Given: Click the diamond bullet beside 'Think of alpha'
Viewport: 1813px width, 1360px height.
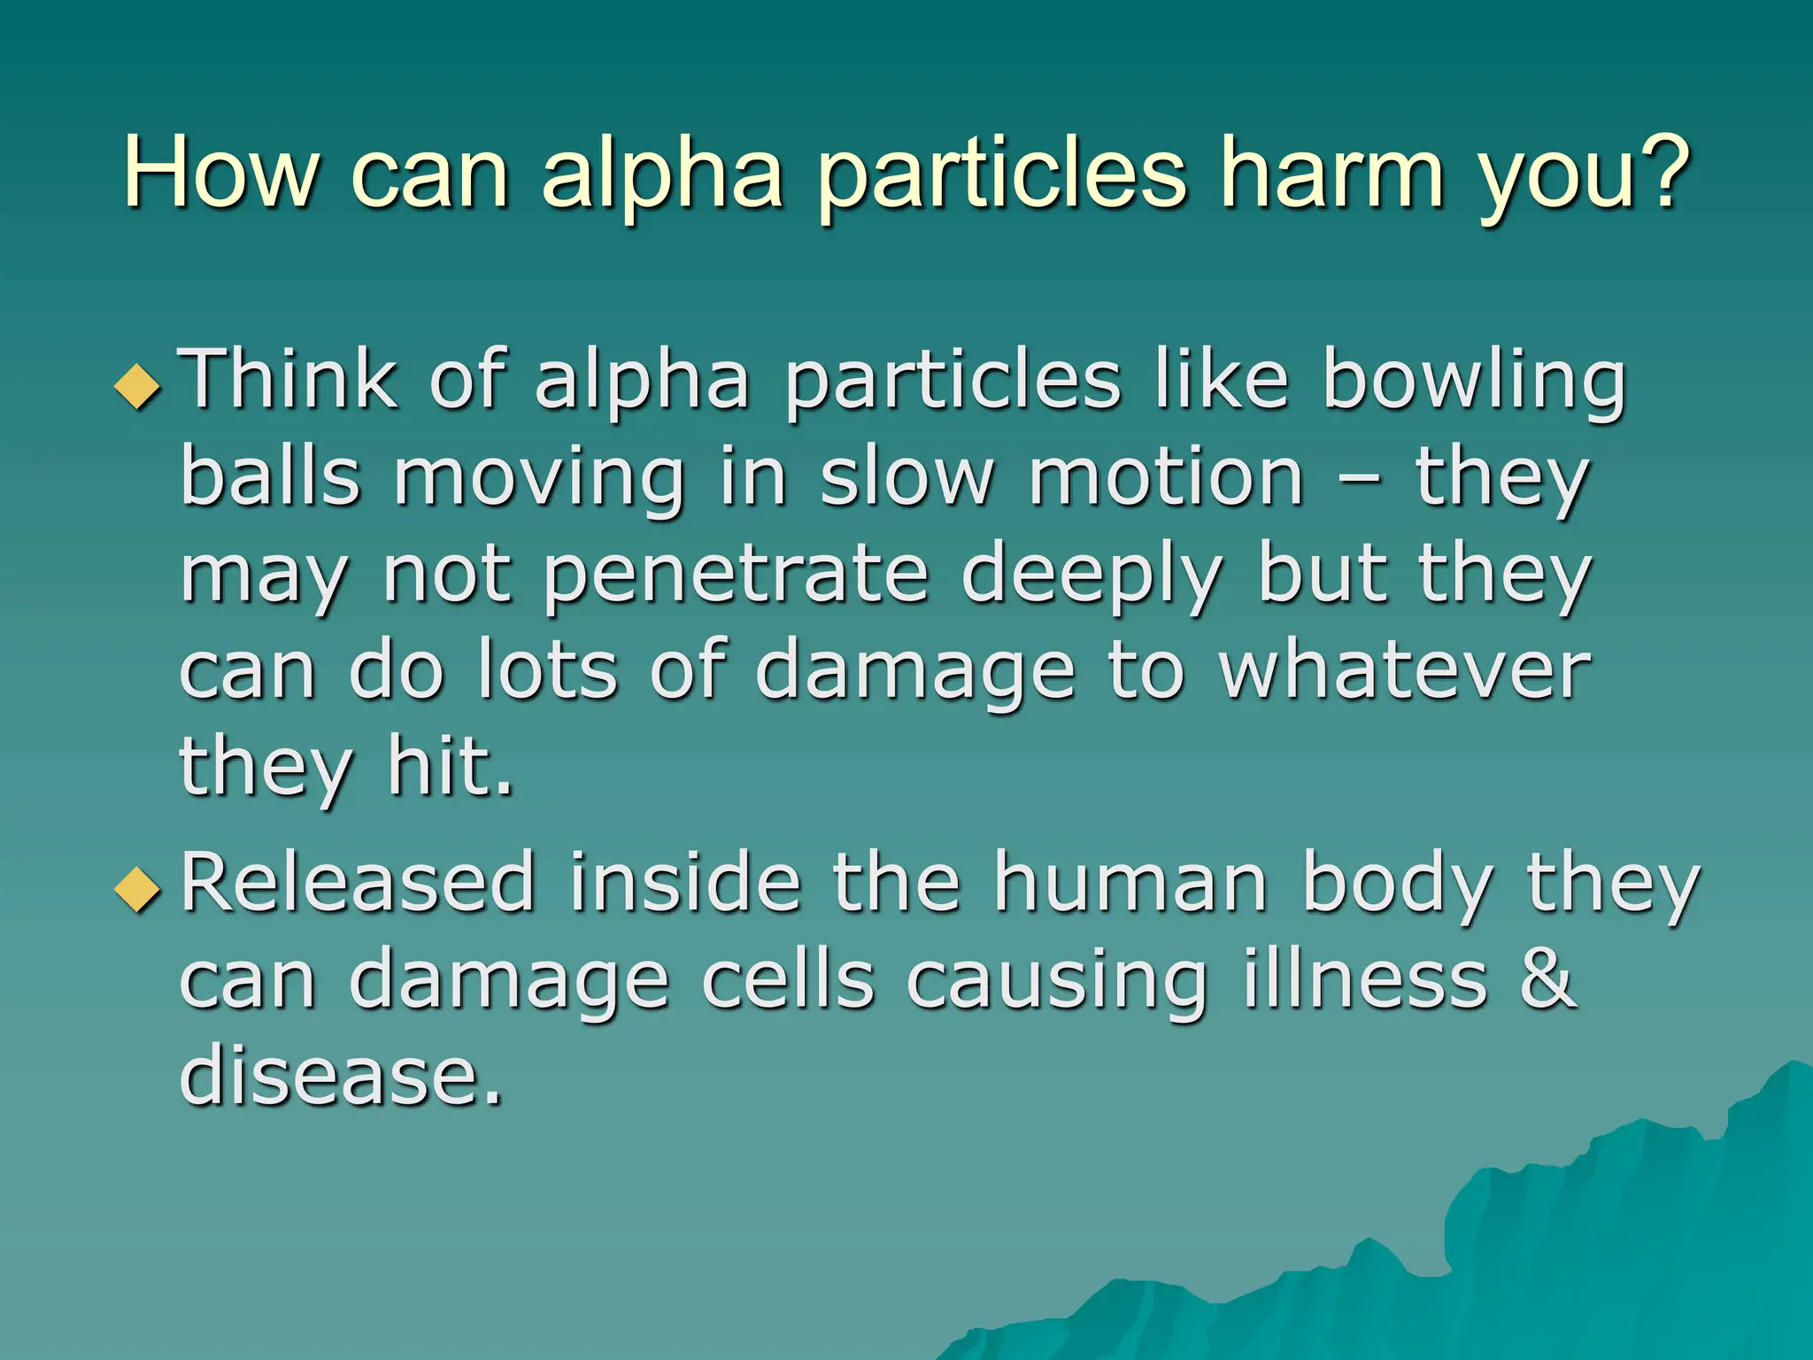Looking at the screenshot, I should click(139, 388).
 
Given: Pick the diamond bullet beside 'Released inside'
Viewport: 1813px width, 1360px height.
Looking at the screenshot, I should click(139, 888).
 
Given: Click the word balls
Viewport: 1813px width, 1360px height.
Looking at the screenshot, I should click(270, 477).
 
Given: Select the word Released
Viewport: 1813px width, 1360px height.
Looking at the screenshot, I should click(358, 883).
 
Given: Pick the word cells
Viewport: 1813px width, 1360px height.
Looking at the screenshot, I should click(789, 980).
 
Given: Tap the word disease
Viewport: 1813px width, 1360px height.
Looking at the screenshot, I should click(341, 1076).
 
